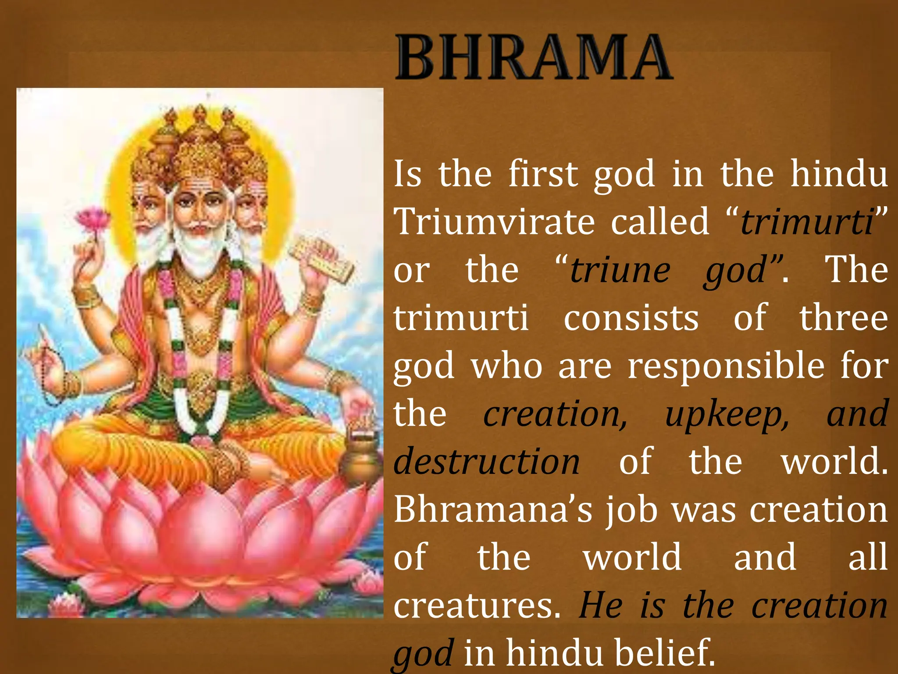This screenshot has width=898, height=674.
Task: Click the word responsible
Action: tap(726, 366)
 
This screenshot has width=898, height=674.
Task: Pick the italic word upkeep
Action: tap(727, 415)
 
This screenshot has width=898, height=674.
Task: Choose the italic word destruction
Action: tap(487, 462)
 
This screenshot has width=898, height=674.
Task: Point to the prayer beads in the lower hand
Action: tap(48, 373)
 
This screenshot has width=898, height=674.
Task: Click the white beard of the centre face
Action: tap(200, 250)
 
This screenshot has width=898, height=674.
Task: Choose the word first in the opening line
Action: tap(543, 174)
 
